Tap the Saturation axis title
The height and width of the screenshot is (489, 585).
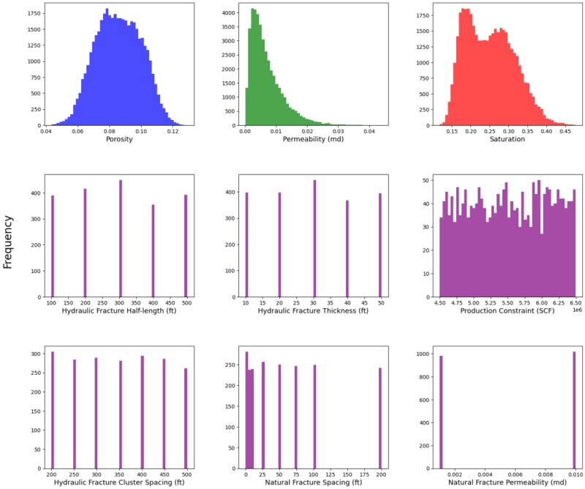502,139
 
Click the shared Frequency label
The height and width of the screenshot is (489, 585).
10,242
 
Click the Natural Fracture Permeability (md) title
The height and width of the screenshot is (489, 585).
502,485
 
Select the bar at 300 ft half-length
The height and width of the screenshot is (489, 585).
120,239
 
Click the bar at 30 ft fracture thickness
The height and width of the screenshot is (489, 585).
314,239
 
